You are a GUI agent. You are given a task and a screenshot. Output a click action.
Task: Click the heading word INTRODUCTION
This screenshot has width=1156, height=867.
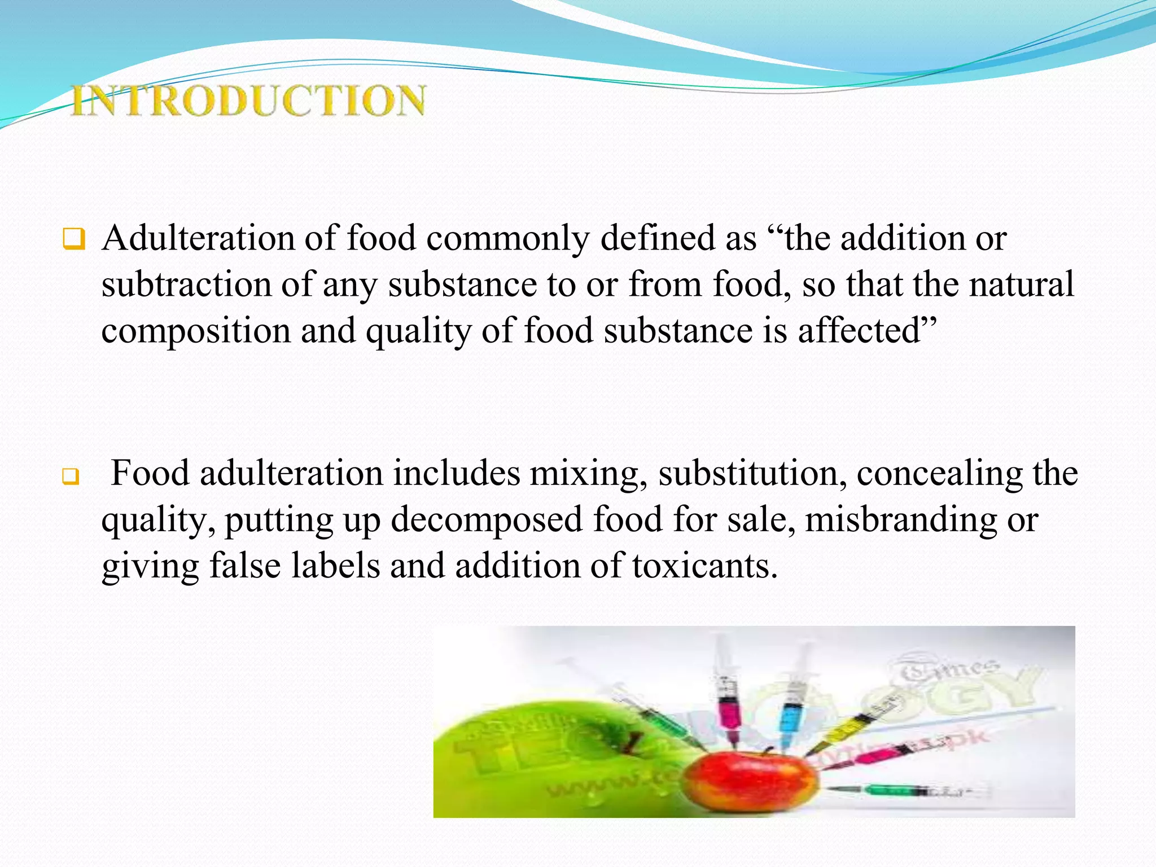pos(248,100)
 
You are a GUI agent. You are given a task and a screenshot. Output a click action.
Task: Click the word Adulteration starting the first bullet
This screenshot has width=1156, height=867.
pos(198,238)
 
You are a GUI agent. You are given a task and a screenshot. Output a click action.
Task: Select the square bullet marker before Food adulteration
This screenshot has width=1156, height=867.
pos(71,477)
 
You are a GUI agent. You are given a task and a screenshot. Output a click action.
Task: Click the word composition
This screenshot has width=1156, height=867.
pos(195,331)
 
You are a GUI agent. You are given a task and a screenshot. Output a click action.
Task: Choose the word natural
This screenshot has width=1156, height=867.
pos(1021,284)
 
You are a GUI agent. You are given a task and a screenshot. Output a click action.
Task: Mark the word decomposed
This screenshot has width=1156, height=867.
pos(487,519)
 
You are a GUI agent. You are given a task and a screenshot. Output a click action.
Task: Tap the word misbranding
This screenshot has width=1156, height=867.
pos(901,519)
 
